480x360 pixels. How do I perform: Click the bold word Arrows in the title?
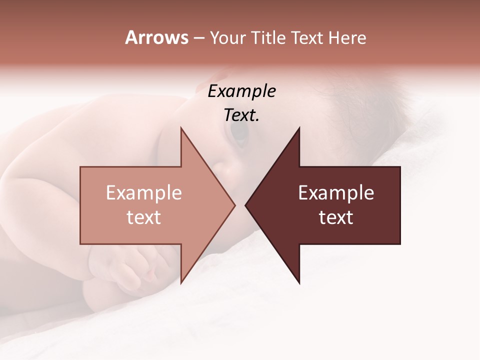tap(156, 37)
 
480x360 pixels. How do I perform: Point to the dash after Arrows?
tap(198, 38)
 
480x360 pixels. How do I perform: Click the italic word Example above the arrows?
tap(242, 91)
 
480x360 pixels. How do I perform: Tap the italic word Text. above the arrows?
tap(242, 115)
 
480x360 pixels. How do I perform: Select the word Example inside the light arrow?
tap(144, 193)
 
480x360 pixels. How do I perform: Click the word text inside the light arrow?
tap(144, 217)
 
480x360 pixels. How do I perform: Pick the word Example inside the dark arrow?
tap(336, 193)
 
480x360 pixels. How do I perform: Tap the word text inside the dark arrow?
tap(336, 217)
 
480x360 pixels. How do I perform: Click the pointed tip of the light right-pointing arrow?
tap(234, 205)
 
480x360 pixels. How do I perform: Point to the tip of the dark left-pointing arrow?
tap(246, 205)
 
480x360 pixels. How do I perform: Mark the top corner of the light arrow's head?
tap(181, 128)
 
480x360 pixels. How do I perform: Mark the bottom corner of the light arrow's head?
tap(181, 282)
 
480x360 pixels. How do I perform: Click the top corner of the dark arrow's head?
tap(299, 128)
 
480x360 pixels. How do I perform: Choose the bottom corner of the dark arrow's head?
tap(299, 283)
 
